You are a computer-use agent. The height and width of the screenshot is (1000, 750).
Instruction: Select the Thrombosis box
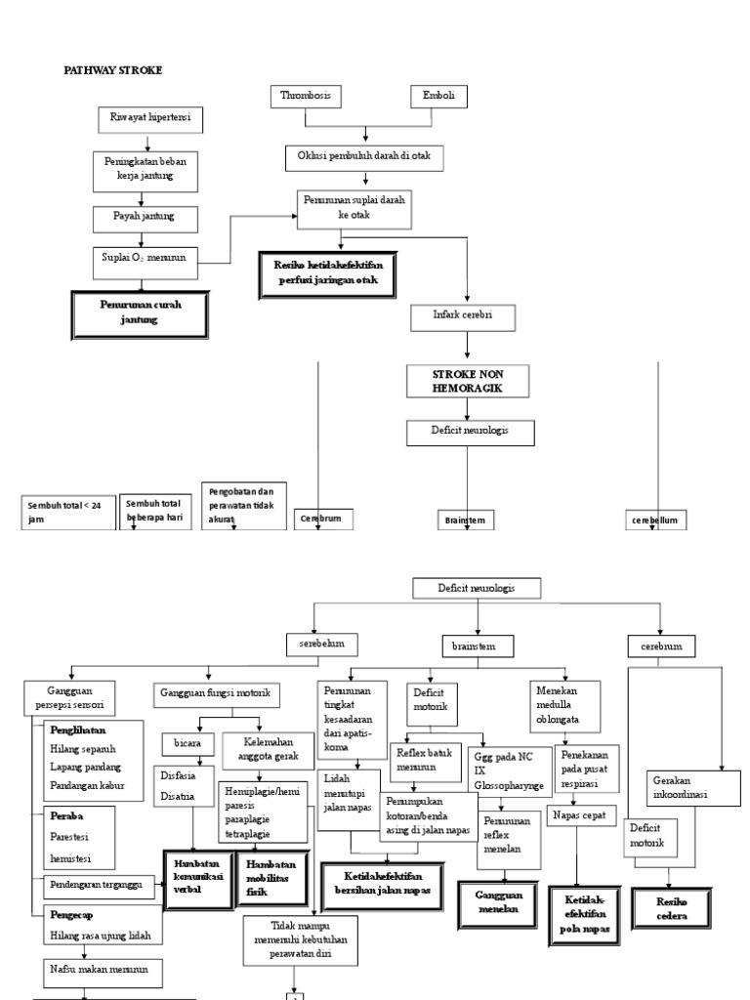coord(306,96)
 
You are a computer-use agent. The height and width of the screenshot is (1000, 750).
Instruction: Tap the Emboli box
coord(438,96)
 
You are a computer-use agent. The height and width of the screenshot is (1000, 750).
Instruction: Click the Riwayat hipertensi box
coord(149,119)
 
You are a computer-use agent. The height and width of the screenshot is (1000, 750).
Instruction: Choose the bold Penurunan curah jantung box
coord(141,312)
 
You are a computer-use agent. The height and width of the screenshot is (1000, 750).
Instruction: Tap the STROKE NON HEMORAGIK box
coord(468,382)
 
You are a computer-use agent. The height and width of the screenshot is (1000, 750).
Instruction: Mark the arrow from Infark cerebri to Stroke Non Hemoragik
coord(468,346)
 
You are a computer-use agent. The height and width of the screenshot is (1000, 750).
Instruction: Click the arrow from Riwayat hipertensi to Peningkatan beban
coord(146,142)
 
